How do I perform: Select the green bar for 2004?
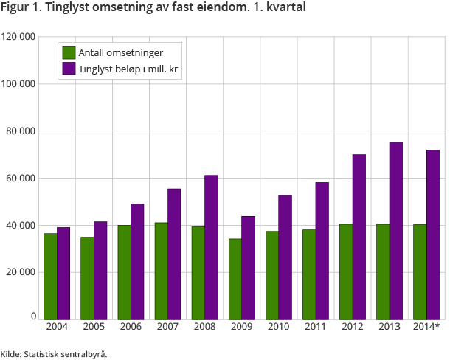[x=50, y=276]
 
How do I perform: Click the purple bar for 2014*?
[x=433, y=235]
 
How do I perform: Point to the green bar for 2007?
[x=161, y=271]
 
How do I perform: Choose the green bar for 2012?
[x=345, y=271]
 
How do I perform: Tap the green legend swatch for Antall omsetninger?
[x=69, y=52]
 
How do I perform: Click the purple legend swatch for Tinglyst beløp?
[x=69, y=69]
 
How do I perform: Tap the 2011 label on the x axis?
[x=315, y=326]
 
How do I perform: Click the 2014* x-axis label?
[x=427, y=326]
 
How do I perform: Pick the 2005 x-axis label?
[x=94, y=326]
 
